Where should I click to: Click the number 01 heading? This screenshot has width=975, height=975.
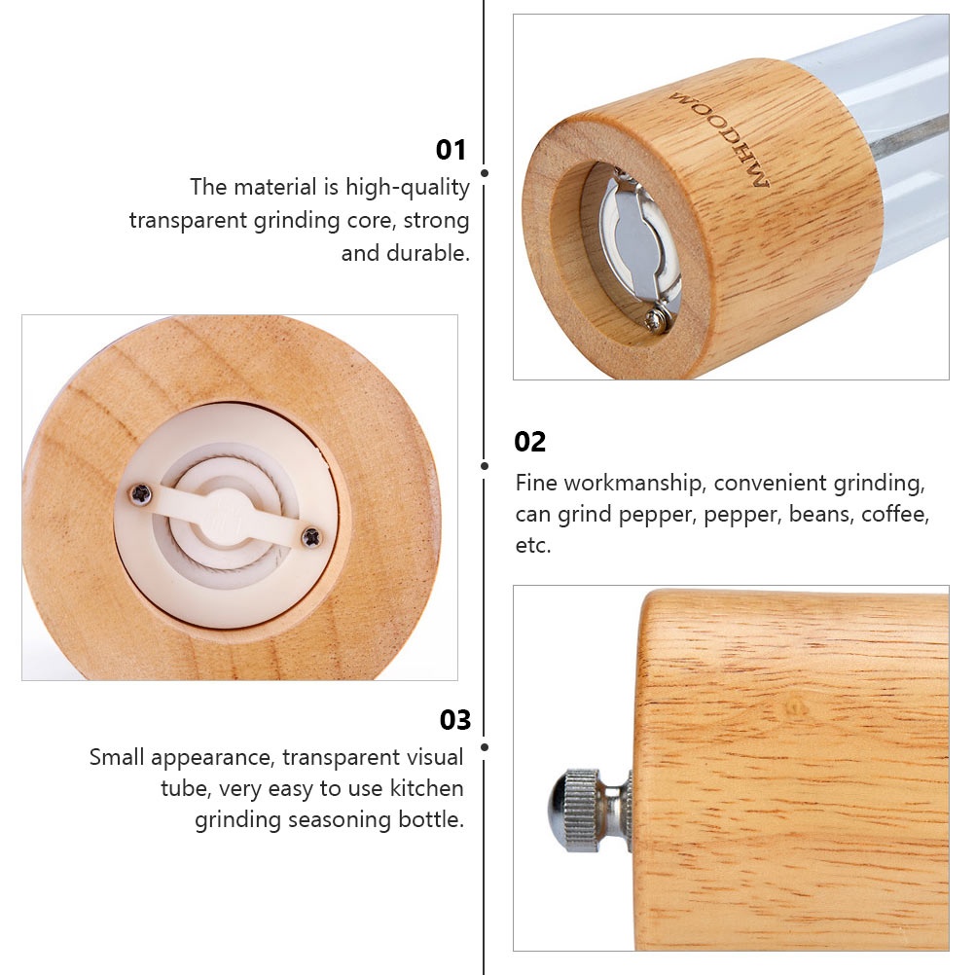(x=451, y=150)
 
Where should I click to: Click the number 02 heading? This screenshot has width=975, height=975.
(x=529, y=442)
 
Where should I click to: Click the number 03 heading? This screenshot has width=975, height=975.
(x=455, y=720)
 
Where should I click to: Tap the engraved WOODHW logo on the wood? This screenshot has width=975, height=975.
(x=719, y=139)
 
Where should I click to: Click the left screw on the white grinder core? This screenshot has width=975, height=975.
(x=141, y=494)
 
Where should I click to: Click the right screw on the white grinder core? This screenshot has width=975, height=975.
(x=311, y=537)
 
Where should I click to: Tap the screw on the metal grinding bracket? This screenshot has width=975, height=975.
(x=656, y=319)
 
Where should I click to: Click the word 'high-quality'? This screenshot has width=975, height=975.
(x=408, y=187)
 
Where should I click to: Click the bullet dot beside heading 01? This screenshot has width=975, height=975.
(x=485, y=173)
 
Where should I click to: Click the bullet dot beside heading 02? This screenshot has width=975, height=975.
(x=485, y=466)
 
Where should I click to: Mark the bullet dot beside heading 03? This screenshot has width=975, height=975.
(x=485, y=746)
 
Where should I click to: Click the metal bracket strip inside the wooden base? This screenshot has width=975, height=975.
(x=637, y=242)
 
